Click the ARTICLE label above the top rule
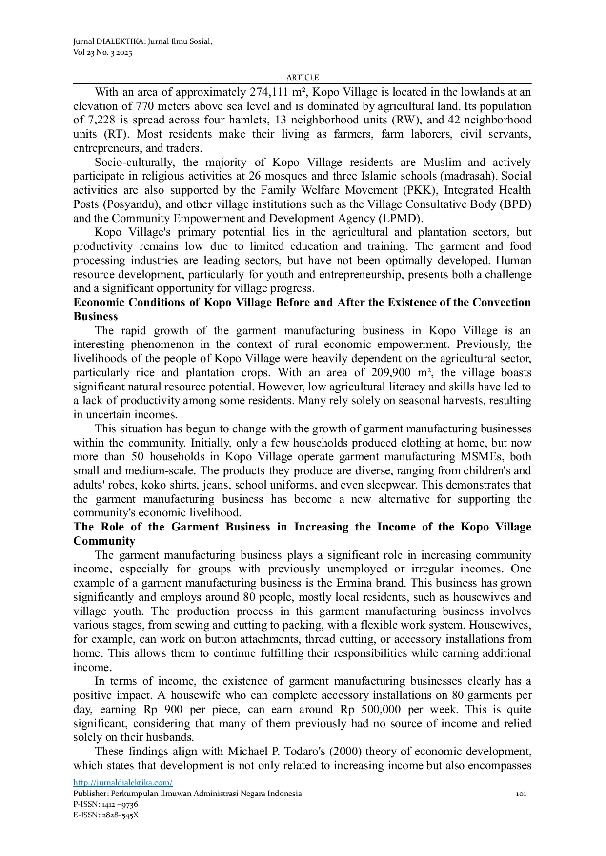tap(302, 77)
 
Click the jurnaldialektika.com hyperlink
tap(122, 783)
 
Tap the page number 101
tap(521, 794)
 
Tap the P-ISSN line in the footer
tap(105, 804)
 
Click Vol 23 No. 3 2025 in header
tap(102, 53)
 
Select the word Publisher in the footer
tap(90, 794)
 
